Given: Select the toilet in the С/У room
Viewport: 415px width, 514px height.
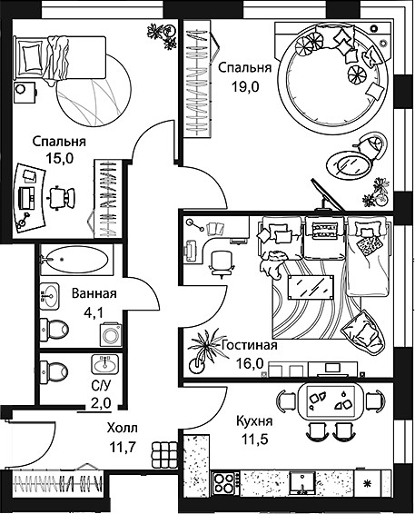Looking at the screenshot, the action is pos(54,371).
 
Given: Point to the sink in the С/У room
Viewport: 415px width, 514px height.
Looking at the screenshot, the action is pos(105,364).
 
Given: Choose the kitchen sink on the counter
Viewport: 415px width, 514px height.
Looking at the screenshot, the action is pos(301,482).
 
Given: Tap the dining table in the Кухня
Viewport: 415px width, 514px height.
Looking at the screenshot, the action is pos(331,400).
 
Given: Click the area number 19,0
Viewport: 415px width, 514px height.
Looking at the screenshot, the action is pos(245,87).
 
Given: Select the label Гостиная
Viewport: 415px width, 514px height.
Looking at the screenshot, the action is pos(250,345).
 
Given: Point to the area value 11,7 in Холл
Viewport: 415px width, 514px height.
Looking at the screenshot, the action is pos(123,447).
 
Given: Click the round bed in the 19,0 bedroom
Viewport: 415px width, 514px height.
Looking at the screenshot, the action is pos(334,79).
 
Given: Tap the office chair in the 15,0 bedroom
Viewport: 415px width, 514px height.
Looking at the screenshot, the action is pos(62,197).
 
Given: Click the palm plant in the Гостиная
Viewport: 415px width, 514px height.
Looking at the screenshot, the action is pos(203,351).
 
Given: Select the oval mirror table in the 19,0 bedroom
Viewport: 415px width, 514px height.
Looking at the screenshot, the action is pos(350,165).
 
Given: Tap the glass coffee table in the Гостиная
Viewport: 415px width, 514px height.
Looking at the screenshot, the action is pos(311,287).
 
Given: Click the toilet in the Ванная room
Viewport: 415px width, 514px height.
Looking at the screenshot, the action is pos(54,329).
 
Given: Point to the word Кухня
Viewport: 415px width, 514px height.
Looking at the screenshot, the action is pos(254,420).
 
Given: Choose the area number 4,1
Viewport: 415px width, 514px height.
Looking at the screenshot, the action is pos(94,313).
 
